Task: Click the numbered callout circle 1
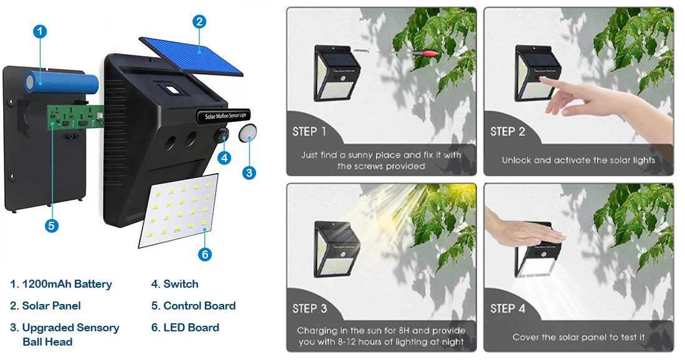pos(40,32)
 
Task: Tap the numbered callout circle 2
pos(199,21)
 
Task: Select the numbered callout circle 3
pos(249,173)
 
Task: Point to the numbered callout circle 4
pos(224,158)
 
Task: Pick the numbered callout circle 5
pos(52,225)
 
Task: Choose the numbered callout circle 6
pos(204,254)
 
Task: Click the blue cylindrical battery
pos(61,82)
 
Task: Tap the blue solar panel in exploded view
pos(191,56)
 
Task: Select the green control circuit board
pos(75,117)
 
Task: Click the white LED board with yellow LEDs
pos(179,211)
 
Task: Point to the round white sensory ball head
pos(247,133)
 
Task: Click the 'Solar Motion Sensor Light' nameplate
pos(224,116)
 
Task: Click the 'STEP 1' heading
pos(309,131)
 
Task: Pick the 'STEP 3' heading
pos(309,308)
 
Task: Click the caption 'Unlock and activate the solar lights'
pos(579,160)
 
